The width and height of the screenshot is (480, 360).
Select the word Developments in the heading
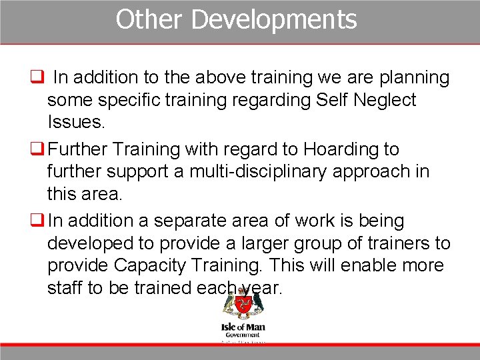274,19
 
